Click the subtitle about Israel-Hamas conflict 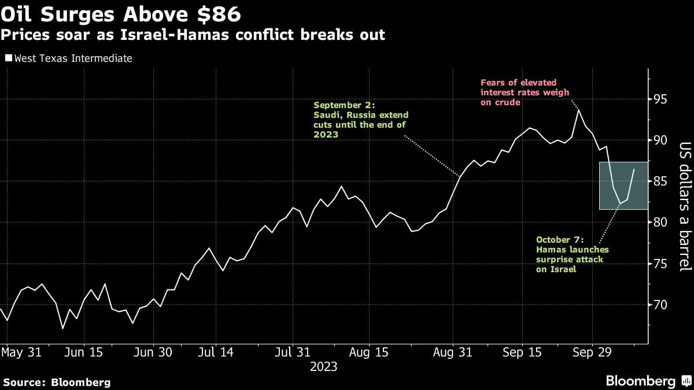click(x=193, y=35)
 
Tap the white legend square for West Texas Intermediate click(x=8, y=58)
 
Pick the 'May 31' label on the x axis click(x=22, y=352)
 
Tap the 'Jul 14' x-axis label click(x=215, y=352)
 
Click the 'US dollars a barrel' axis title click(x=685, y=206)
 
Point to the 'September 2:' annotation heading click(x=344, y=106)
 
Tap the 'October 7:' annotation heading click(x=560, y=239)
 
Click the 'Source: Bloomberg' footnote click(x=57, y=382)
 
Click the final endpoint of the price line click(x=634, y=169)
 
